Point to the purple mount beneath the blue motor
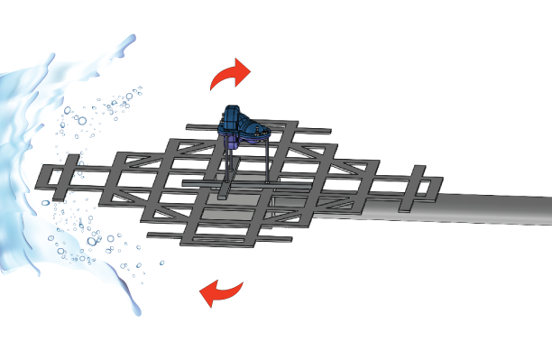[x=235, y=141]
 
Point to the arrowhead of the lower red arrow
[x=208, y=293]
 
